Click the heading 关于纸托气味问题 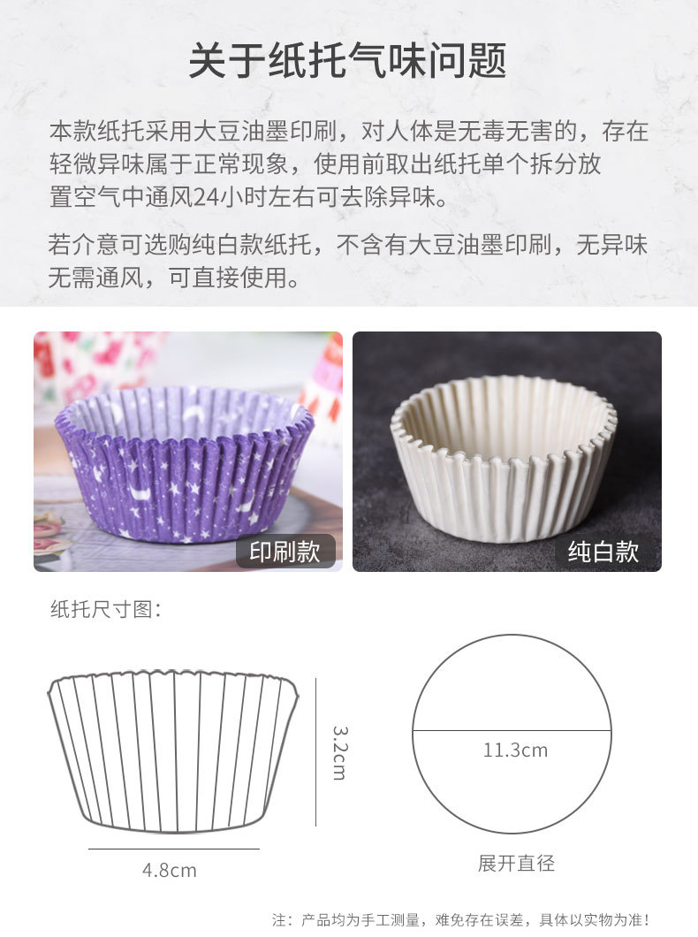(x=348, y=61)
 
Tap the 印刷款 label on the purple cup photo (x=285, y=552)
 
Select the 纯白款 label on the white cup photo (x=603, y=552)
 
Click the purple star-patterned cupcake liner (x=184, y=464)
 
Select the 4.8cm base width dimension (x=170, y=870)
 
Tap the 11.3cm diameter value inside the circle (x=515, y=750)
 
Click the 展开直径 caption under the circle (x=516, y=863)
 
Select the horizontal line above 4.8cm (x=173, y=849)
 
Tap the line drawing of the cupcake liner (x=173, y=751)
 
